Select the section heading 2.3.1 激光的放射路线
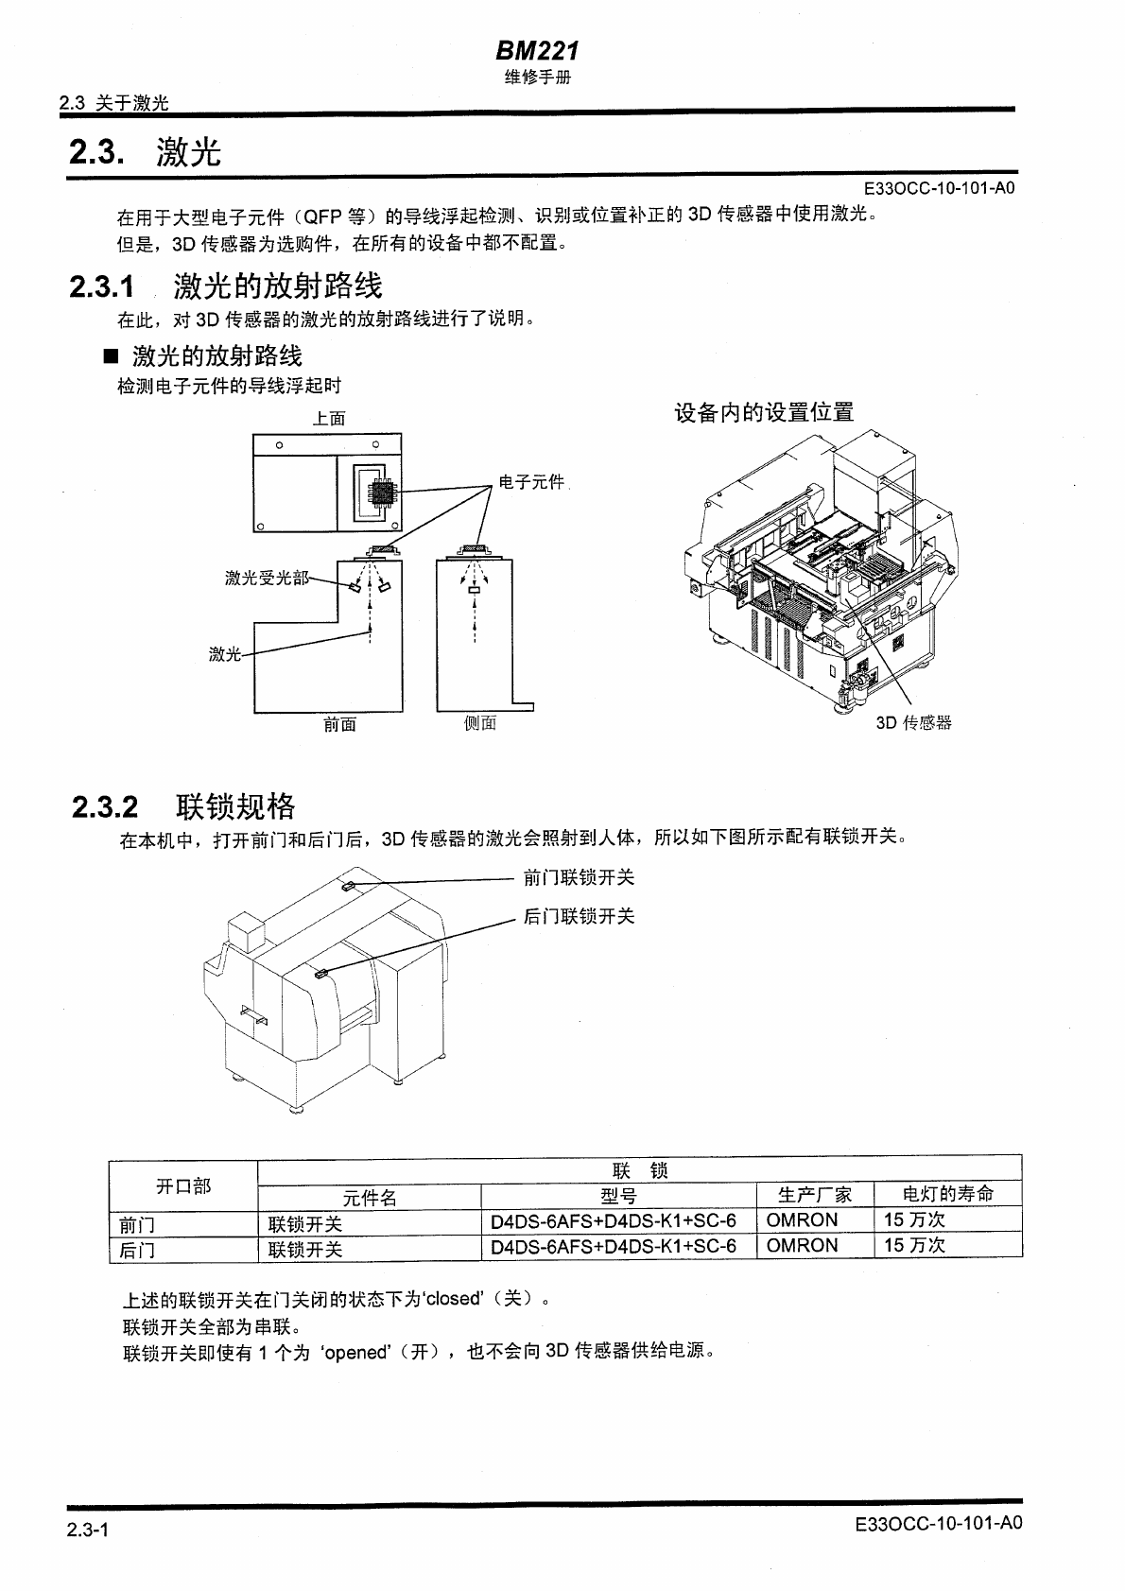(226, 285)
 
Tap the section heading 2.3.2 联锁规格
(184, 806)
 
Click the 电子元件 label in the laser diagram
(531, 482)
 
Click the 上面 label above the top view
(329, 418)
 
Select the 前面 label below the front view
(339, 725)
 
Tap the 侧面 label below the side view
(480, 723)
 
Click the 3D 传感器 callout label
(913, 723)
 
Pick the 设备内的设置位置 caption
(764, 412)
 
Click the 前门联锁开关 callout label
(579, 877)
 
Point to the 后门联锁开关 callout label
(579, 916)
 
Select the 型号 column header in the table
(618, 1196)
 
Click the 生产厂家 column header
(815, 1195)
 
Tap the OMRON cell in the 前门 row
(802, 1220)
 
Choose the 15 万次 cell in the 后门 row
(914, 1246)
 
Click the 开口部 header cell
(183, 1185)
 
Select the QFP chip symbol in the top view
(382, 493)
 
